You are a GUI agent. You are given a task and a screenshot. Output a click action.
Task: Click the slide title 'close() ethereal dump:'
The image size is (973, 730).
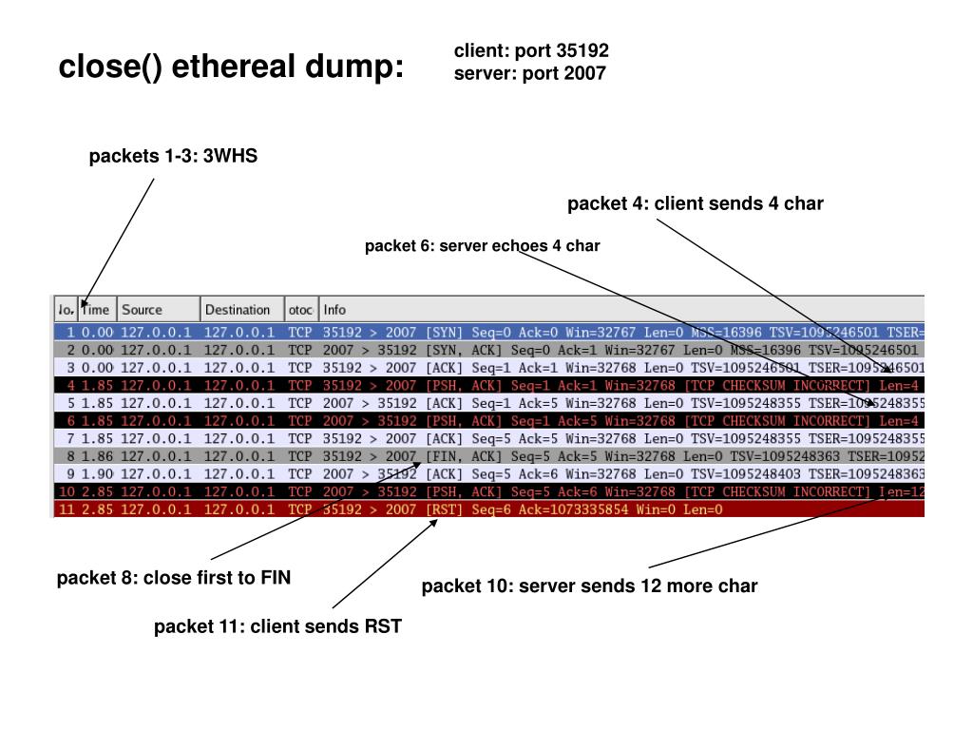[x=231, y=67]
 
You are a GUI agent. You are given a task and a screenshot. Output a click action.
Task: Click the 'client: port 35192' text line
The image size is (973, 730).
[x=531, y=51]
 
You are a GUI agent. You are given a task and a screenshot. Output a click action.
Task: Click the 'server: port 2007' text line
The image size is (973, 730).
[x=529, y=73]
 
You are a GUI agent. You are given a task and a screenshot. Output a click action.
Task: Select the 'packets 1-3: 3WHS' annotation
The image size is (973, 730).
[x=173, y=156]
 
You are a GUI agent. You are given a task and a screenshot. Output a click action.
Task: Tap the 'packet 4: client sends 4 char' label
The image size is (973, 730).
[x=696, y=203]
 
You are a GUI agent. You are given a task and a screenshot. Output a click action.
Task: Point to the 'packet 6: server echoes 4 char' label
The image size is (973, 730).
[x=482, y=246]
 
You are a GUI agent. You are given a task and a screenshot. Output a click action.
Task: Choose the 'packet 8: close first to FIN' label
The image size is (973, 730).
[x=174, y=578]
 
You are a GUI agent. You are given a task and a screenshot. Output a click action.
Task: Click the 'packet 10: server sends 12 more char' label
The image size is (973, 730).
[x=589, y=586]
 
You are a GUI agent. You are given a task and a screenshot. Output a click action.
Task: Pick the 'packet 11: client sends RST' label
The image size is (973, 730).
[x=278, y=625]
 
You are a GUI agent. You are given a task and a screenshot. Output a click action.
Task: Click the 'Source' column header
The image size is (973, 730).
[x=143, y=310]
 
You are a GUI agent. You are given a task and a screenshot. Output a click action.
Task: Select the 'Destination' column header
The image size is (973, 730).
[x=238, y=310]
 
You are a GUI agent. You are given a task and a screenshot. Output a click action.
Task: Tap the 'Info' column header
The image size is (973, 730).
[x=334, y=310]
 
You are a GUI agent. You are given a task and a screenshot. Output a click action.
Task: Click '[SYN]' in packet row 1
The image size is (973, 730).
[x=445, y=334]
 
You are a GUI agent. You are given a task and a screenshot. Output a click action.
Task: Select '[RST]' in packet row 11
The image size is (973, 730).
[x=445, y=509]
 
